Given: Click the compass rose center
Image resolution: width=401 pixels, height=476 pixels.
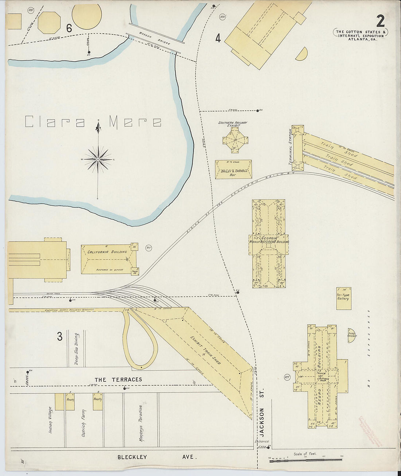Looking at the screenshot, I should (x=98, y=159).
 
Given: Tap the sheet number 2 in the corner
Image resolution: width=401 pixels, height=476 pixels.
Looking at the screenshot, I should (x=380, y=21).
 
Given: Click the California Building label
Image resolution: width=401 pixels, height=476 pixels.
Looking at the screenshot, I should (x=107, y=252).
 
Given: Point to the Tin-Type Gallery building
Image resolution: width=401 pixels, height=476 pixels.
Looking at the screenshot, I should (x=343, y=298).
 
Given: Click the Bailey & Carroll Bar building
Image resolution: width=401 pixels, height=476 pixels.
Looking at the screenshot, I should (x=233, y=170).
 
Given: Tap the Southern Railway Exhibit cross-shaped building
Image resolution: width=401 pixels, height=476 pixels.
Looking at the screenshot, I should (x=235, y=140).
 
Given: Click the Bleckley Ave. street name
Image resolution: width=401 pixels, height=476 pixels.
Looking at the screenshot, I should (x=157, y=457).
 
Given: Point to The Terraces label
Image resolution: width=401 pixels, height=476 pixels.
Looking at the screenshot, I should (x=118, y=379).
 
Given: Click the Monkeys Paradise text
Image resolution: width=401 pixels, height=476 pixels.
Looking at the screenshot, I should (x=141, y=423).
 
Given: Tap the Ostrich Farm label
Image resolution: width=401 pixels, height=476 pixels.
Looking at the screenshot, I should (x=83, y=423).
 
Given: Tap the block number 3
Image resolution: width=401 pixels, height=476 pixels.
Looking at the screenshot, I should (x=59, y=336).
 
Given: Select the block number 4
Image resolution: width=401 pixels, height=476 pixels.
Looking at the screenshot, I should (x=218, y=38).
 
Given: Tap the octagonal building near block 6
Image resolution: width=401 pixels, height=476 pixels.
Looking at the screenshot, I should (x=49, y=23).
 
